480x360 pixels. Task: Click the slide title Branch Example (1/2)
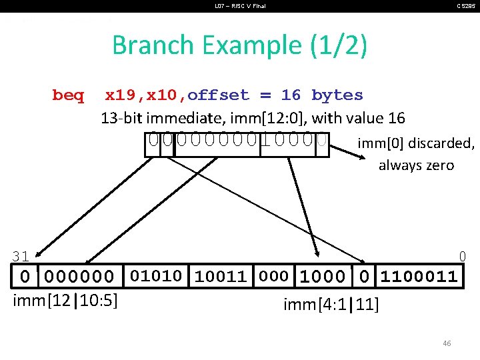pos(239,45)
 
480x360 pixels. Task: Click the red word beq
pos(68,95)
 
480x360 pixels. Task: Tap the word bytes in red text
pos(337,95)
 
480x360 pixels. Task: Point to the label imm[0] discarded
pos(415,143)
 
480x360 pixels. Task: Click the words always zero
pos(416,165)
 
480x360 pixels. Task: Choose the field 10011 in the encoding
pos(221,276)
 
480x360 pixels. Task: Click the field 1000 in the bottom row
pos(323,276)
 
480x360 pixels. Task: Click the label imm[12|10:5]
pos(66,301)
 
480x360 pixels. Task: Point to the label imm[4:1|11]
pos(331,305)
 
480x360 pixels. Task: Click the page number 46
pos(447,343)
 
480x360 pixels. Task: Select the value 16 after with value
pos(396,119)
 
